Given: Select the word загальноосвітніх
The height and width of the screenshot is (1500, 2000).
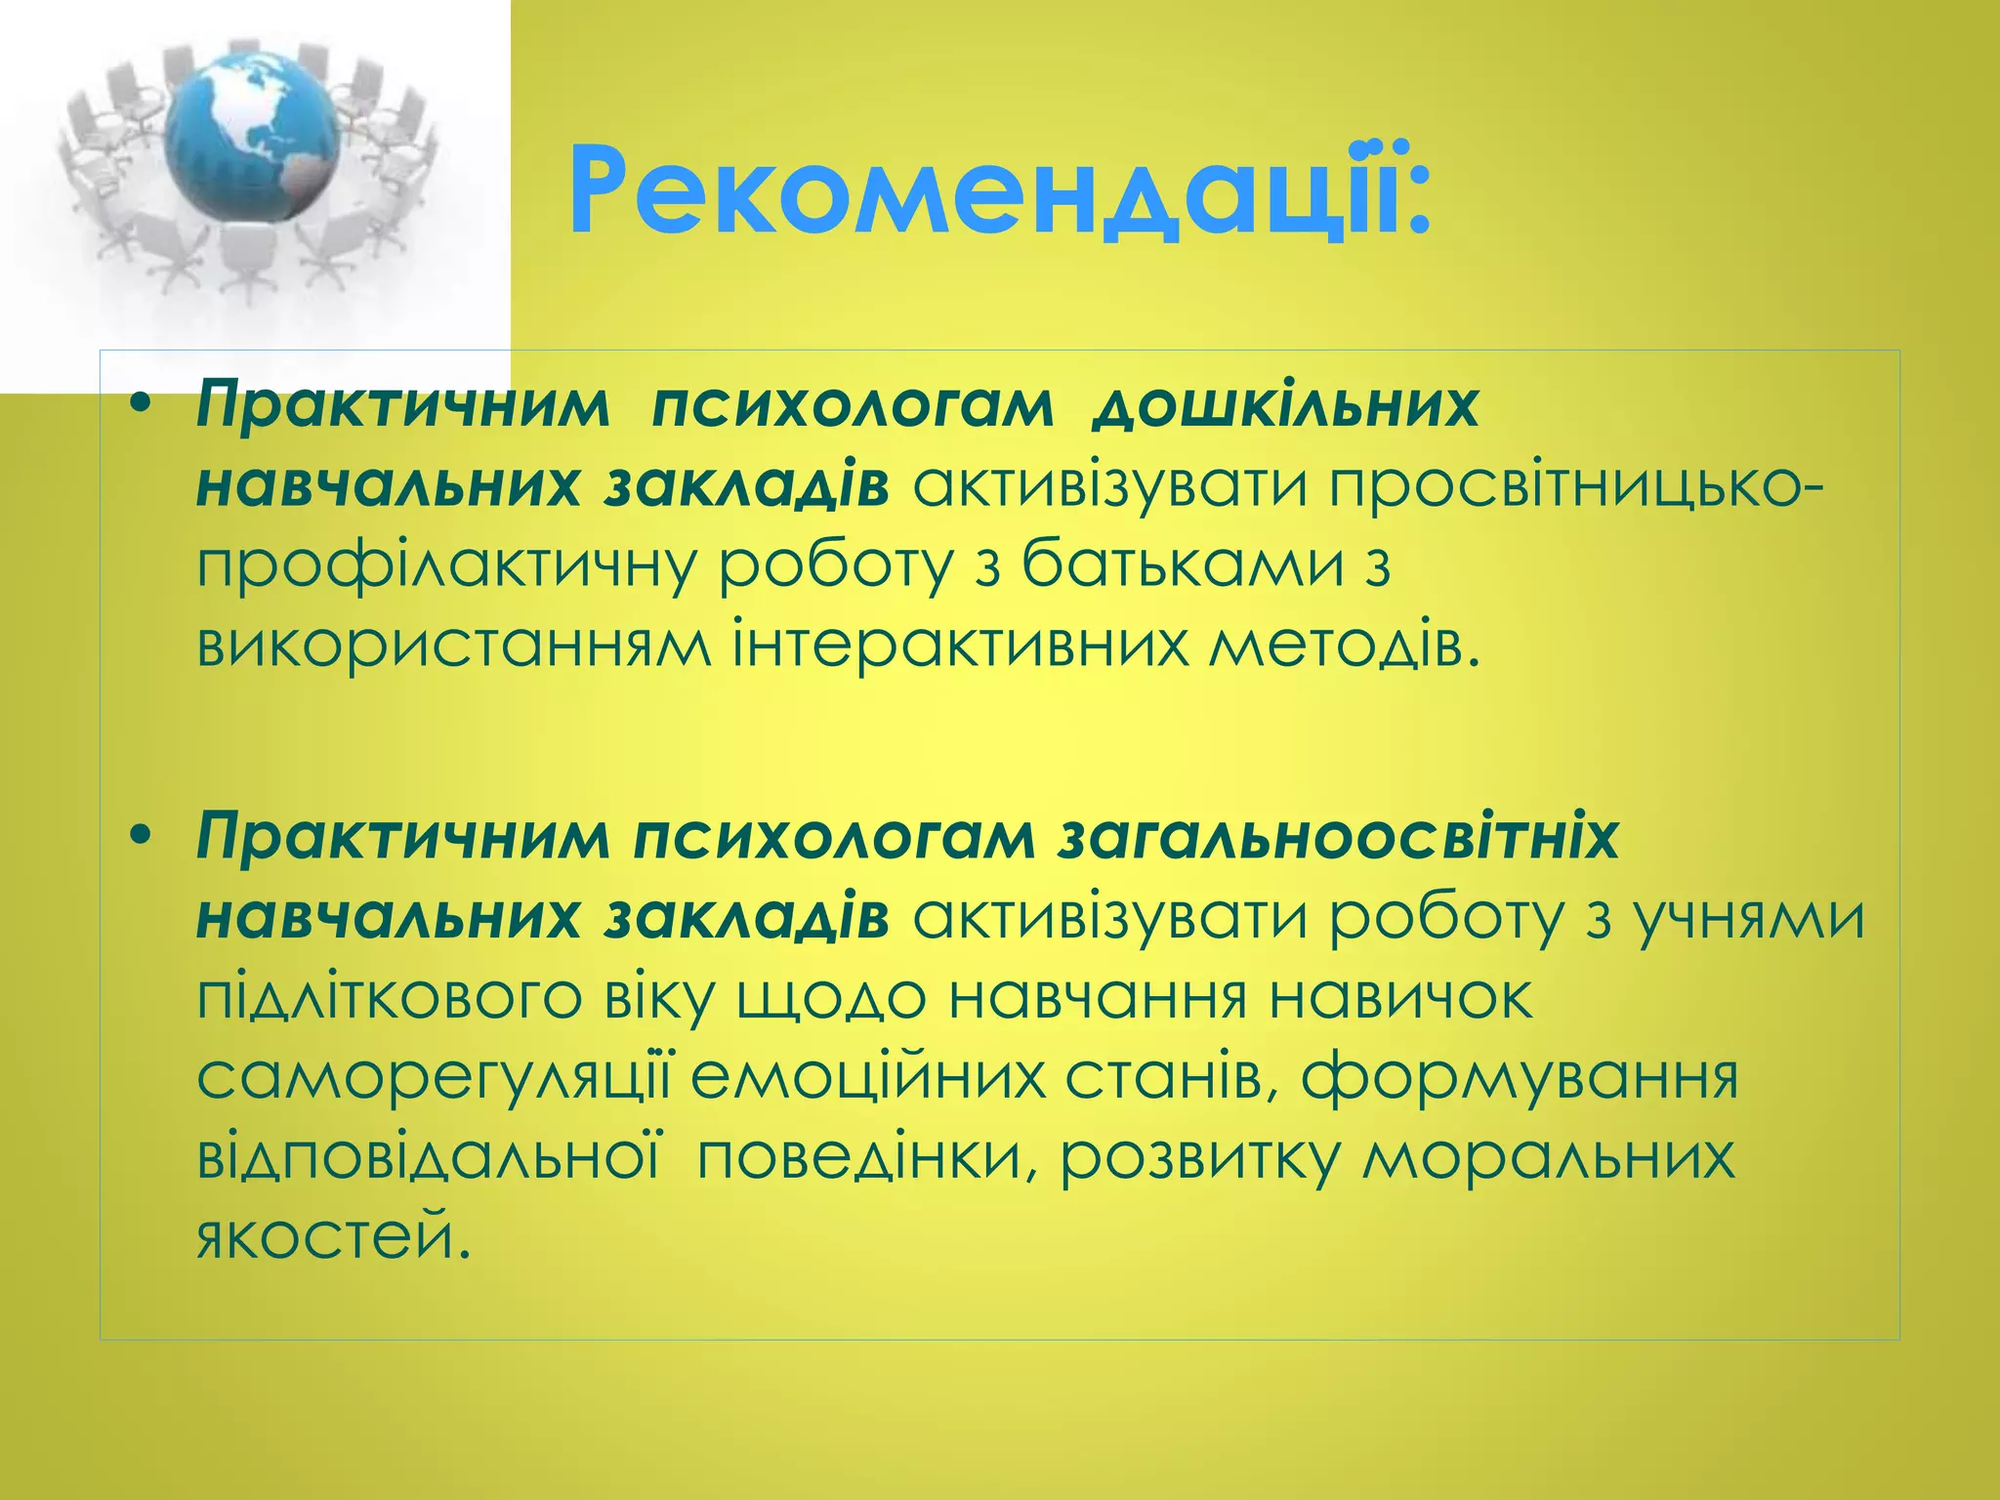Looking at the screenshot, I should tap(1338, 837).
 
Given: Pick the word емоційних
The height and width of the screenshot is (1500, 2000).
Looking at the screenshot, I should tap(868, 1077).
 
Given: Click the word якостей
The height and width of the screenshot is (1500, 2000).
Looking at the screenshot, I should tap(326, 1237).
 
